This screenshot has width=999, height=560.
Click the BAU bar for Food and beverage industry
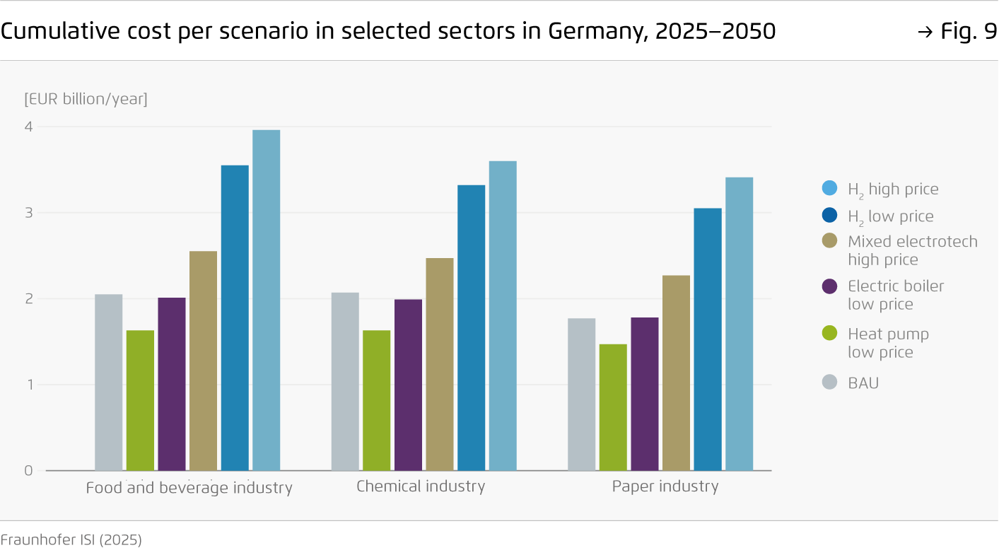(x=108, y=382)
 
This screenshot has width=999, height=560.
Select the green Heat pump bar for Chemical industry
(x=376, y=400)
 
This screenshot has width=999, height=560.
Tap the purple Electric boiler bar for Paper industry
(x=644, y=394)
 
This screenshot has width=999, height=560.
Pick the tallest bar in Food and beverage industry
(x=266, y=300)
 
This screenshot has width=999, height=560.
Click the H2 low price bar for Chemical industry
(x=471, y=327)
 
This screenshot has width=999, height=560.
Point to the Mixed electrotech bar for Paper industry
(x=676, y=373)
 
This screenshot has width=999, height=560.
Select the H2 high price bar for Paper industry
(x=739, y=323)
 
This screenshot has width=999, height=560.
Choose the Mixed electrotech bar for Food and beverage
(x=203, y=361)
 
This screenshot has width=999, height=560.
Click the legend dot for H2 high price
(x=829, y=189)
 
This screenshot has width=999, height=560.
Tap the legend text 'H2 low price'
(x=890, y=216)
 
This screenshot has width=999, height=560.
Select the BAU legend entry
(x=863, y=383)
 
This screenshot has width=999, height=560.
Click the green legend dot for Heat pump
(x=829, y=334)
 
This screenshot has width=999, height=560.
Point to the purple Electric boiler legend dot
(x=829, y=286)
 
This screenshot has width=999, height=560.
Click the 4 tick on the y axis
(x=29, y=127)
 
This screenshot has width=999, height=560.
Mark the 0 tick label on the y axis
(x=29, y=470)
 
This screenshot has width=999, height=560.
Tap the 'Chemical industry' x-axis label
(x=421, y=486)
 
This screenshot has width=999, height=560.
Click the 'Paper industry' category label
(x=665, y=486)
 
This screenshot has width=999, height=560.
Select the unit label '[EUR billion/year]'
(x=86, y=99)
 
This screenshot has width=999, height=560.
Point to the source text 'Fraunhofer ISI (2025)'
(x=71, y=540)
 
